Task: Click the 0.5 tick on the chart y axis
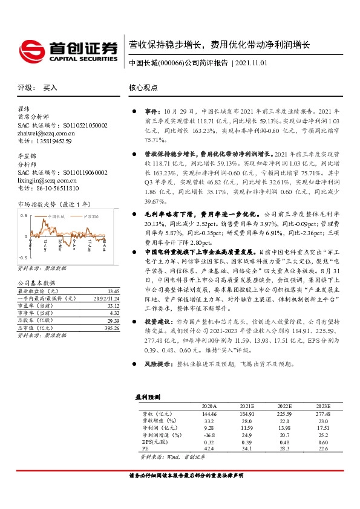(23, 215)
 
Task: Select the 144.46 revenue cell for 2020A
(208, 413)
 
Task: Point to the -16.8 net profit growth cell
(209, 435)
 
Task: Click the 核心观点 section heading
(143, 88)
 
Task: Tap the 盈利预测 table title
(148, 397)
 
